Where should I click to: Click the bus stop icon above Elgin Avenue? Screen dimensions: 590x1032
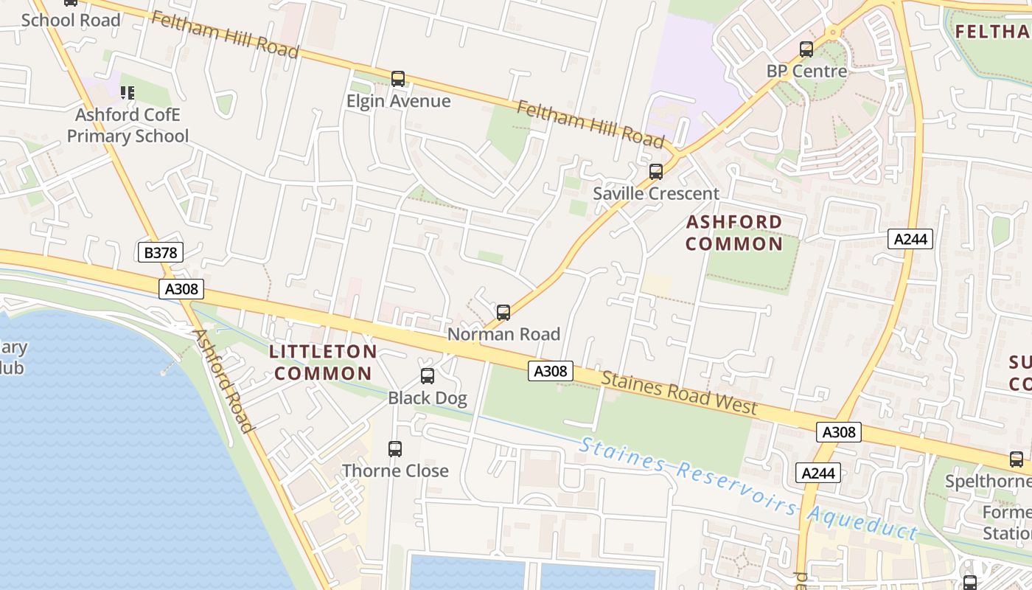[x=398, y=78]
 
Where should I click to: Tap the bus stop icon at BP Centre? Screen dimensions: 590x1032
[x=806, y=49]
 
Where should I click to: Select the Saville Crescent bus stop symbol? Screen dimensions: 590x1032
[x=655, y=171]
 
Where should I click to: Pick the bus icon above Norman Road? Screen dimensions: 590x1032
[x=503, y=312]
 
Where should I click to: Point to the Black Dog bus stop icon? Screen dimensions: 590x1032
[x=427, y=376]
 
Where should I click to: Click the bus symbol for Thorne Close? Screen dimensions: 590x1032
[x=395, y=448]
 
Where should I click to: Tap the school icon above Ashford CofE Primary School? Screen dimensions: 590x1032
[x=128, y=93]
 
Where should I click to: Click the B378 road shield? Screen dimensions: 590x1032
[x=160, y=253]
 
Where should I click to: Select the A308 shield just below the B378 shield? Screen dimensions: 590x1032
[x=181, y=289]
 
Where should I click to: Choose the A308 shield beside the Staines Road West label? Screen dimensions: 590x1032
[x=551, y=371]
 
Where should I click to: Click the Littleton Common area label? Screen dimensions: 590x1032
[x=324, y=362]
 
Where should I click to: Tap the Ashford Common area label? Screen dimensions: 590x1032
[x=734, y=233]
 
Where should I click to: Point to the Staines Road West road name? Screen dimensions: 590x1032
[x=679, y=392]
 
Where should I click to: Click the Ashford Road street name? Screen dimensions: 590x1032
[x=223, y=381]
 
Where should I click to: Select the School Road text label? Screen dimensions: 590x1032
[x=71, y=20]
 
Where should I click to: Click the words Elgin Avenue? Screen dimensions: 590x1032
[x=398, y=101]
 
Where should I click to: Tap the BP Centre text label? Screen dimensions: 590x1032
[x=806, y=72]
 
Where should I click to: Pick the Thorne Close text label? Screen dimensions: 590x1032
[x=395, y=471]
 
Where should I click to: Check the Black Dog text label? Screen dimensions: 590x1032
[x=428, y=399]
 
